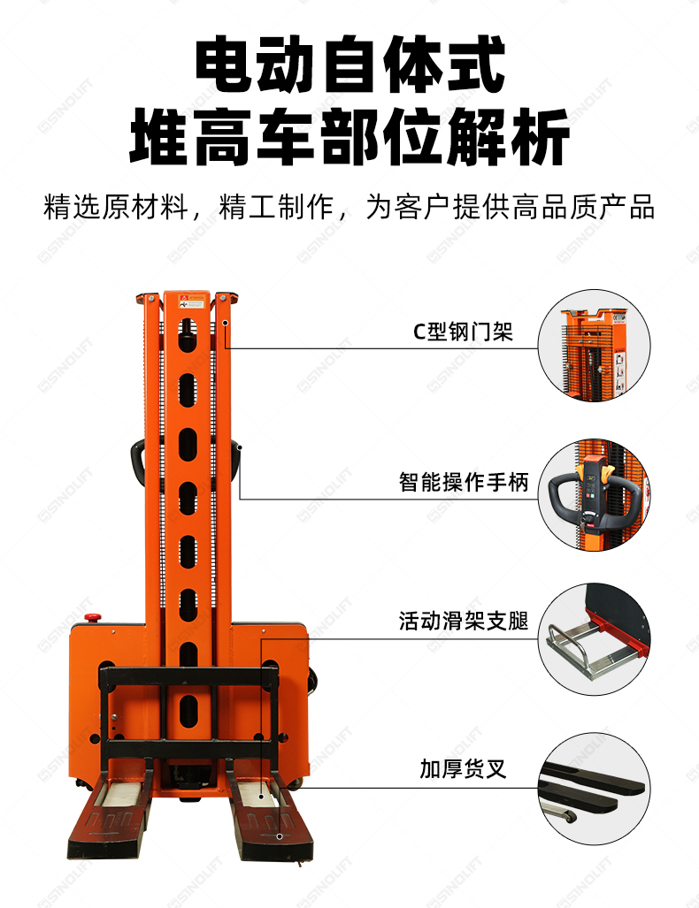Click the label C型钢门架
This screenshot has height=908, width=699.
click(x=463, y=332)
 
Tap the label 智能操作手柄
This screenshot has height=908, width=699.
click(x=464, y=482)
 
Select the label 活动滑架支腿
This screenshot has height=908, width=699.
click(x=464, y=621)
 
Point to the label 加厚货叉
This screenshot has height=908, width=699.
click(x=464, y=769)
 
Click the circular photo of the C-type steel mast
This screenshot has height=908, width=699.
click(x=594, y=346)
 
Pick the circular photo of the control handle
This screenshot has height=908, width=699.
click(x=594, y=494)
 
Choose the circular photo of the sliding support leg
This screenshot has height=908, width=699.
click(x=594, y=638)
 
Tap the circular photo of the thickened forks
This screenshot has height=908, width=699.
click(x=594, y=788)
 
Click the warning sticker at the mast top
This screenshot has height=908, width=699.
click(x=192, y=301)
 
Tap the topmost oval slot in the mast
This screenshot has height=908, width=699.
click(x=187, y=335)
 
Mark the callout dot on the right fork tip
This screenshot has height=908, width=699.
click(x=280, y=836)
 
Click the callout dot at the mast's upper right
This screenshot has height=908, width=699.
click(x=225, y=323)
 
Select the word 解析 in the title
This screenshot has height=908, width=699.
click(x=508, y=137)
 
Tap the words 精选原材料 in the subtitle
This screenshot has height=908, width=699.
click(x=117, y=207)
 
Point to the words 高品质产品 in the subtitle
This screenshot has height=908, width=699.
click(x=583, y=207)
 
